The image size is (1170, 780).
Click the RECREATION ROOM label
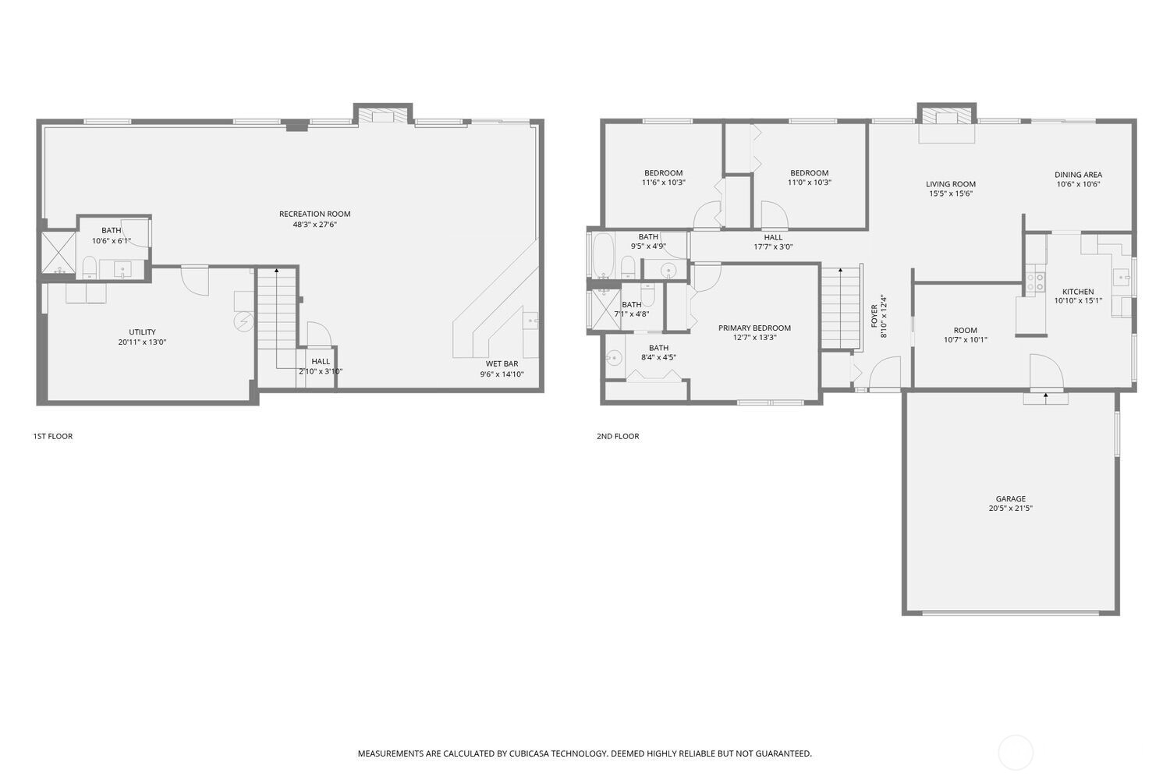point(314,214)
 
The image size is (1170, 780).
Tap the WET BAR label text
point(502,363)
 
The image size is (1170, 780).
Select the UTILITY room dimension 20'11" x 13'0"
point(142,342)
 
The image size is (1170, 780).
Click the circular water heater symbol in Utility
point(244,321)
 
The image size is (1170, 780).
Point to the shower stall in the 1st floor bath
point(58,251)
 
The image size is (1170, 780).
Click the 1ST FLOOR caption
point(52,436)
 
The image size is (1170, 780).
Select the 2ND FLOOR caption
point(618,436)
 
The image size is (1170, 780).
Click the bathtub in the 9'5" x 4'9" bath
point(603,255)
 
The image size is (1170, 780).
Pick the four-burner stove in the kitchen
point(1035,282)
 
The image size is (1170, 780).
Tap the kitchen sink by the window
point(1122,276)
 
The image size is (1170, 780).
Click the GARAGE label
point(1010,498)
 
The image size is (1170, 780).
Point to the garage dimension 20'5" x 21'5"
point(1010,509)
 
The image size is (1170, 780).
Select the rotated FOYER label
point(874,316)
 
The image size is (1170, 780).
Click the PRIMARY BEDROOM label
point(754,328)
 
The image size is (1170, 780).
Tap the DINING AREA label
point(1078,175)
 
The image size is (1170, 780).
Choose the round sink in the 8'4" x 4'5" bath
point(614,359)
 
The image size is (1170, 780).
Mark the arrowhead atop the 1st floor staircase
point(276,270)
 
